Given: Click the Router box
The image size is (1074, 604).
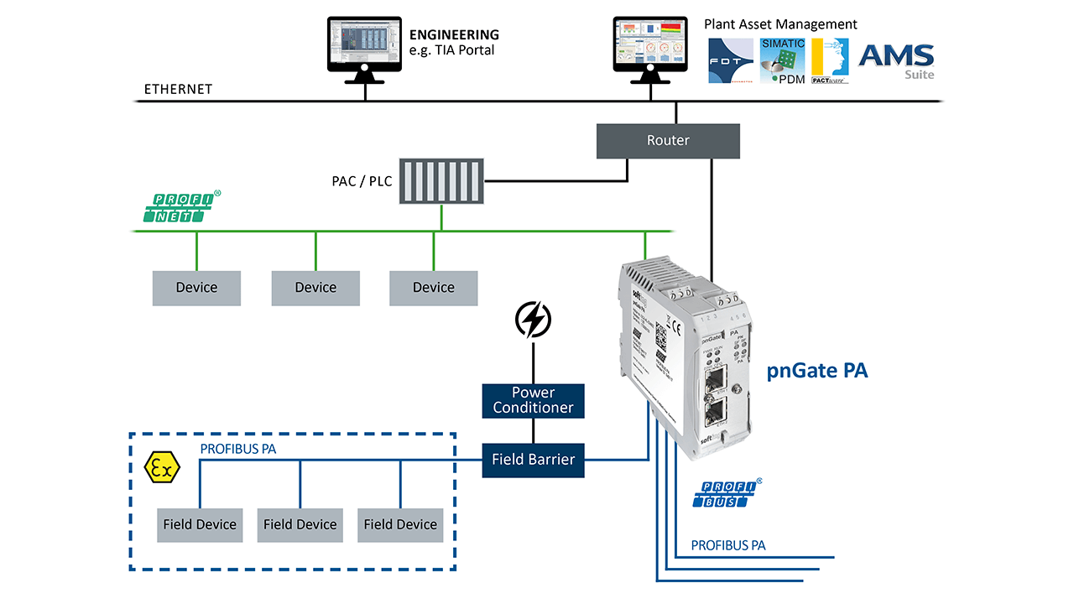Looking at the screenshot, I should click(668, 141).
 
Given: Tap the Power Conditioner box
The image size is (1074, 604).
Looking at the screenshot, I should click(533, 400).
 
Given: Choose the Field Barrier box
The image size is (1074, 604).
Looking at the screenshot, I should click(533, 459).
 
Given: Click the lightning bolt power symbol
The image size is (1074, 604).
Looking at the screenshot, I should click(533, 320).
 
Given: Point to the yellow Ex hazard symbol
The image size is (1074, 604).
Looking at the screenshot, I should click(162, 468).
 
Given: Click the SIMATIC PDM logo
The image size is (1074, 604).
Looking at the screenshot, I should click(782, 60).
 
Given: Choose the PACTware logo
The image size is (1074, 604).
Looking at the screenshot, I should click(830, 60).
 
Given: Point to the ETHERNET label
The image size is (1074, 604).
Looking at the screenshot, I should click(178, 89).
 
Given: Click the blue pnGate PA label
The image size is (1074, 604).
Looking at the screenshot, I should click(816, 371).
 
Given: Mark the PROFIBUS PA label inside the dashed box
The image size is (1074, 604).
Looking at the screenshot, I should click(238, 449).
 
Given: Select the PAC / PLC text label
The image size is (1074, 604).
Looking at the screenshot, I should click(362, 181).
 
